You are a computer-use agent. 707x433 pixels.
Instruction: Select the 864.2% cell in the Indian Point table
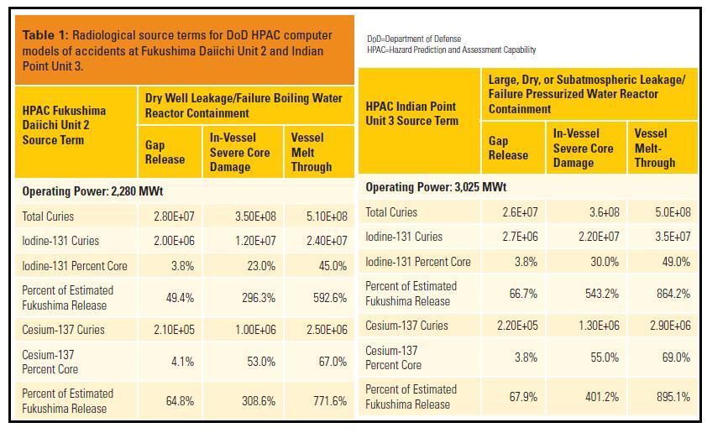coord(673,294)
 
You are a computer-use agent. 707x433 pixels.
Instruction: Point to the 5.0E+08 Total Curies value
coord(673,212)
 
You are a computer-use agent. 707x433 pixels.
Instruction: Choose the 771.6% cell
coord(330,401)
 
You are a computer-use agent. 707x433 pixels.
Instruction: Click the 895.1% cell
coord(673,397)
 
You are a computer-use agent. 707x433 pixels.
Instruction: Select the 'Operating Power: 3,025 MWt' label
coord(436,187)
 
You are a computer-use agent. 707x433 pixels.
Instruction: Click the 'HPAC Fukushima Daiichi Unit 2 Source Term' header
coord(64,125)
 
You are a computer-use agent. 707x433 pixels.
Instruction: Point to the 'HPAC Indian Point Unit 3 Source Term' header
coord(411,113)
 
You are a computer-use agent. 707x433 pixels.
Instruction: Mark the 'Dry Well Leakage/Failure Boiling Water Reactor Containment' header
coord(244,105)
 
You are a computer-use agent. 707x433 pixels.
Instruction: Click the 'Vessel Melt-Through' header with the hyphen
coord(655,148)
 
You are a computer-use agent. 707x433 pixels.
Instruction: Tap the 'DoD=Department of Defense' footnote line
coord(413,39)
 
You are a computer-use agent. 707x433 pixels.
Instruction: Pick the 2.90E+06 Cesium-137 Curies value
coord(670,326)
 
